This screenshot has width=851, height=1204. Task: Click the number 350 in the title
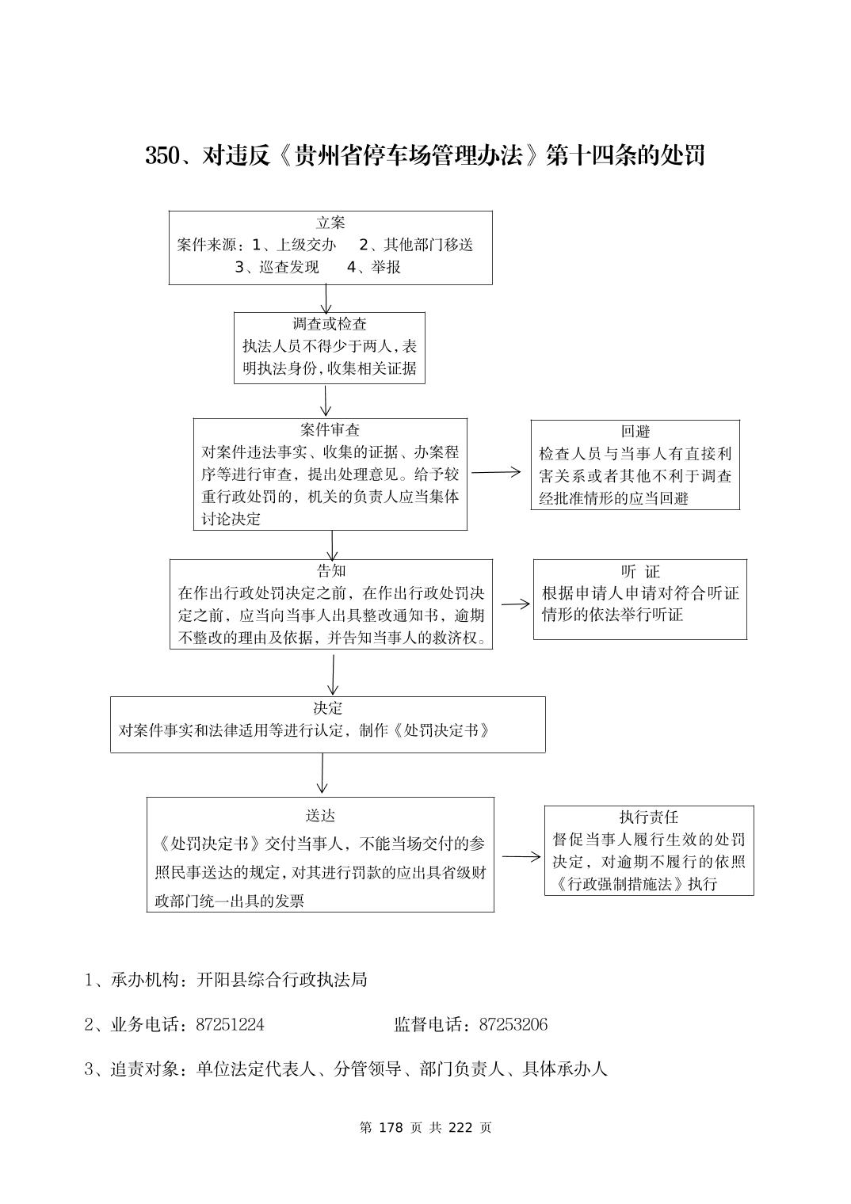click(x=163, y=156)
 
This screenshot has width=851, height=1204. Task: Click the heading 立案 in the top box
click(x=330, y=223)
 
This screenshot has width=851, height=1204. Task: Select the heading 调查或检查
click(x=330, y=324)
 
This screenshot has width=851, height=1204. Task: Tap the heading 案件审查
click(x=330, y=430)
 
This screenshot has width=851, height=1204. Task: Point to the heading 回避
click(x=635, y=432)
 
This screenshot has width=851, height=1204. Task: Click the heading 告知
click(x=331, y=571)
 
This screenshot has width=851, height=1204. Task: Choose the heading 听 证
click(x=640, y=572)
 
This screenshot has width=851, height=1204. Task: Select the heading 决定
click(x=327, y=708)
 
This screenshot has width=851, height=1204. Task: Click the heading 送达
click(x=320, y=816)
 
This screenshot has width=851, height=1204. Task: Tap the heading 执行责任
click(x=649, y=817)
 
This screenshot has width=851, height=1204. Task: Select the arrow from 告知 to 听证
click(x=516, y=604)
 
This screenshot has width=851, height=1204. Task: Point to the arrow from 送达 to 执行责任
click(x=521, y=856)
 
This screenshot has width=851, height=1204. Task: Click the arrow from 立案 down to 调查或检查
click(x=326, y=299)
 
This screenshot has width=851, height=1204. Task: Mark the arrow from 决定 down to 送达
click(x=322, y=773)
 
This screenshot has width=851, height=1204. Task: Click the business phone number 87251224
click(x=230, y=1025)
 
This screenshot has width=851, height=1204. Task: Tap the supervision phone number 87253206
click(x=513, y=1025)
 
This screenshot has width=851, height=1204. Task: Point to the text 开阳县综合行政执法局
click(x=282, y=980)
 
